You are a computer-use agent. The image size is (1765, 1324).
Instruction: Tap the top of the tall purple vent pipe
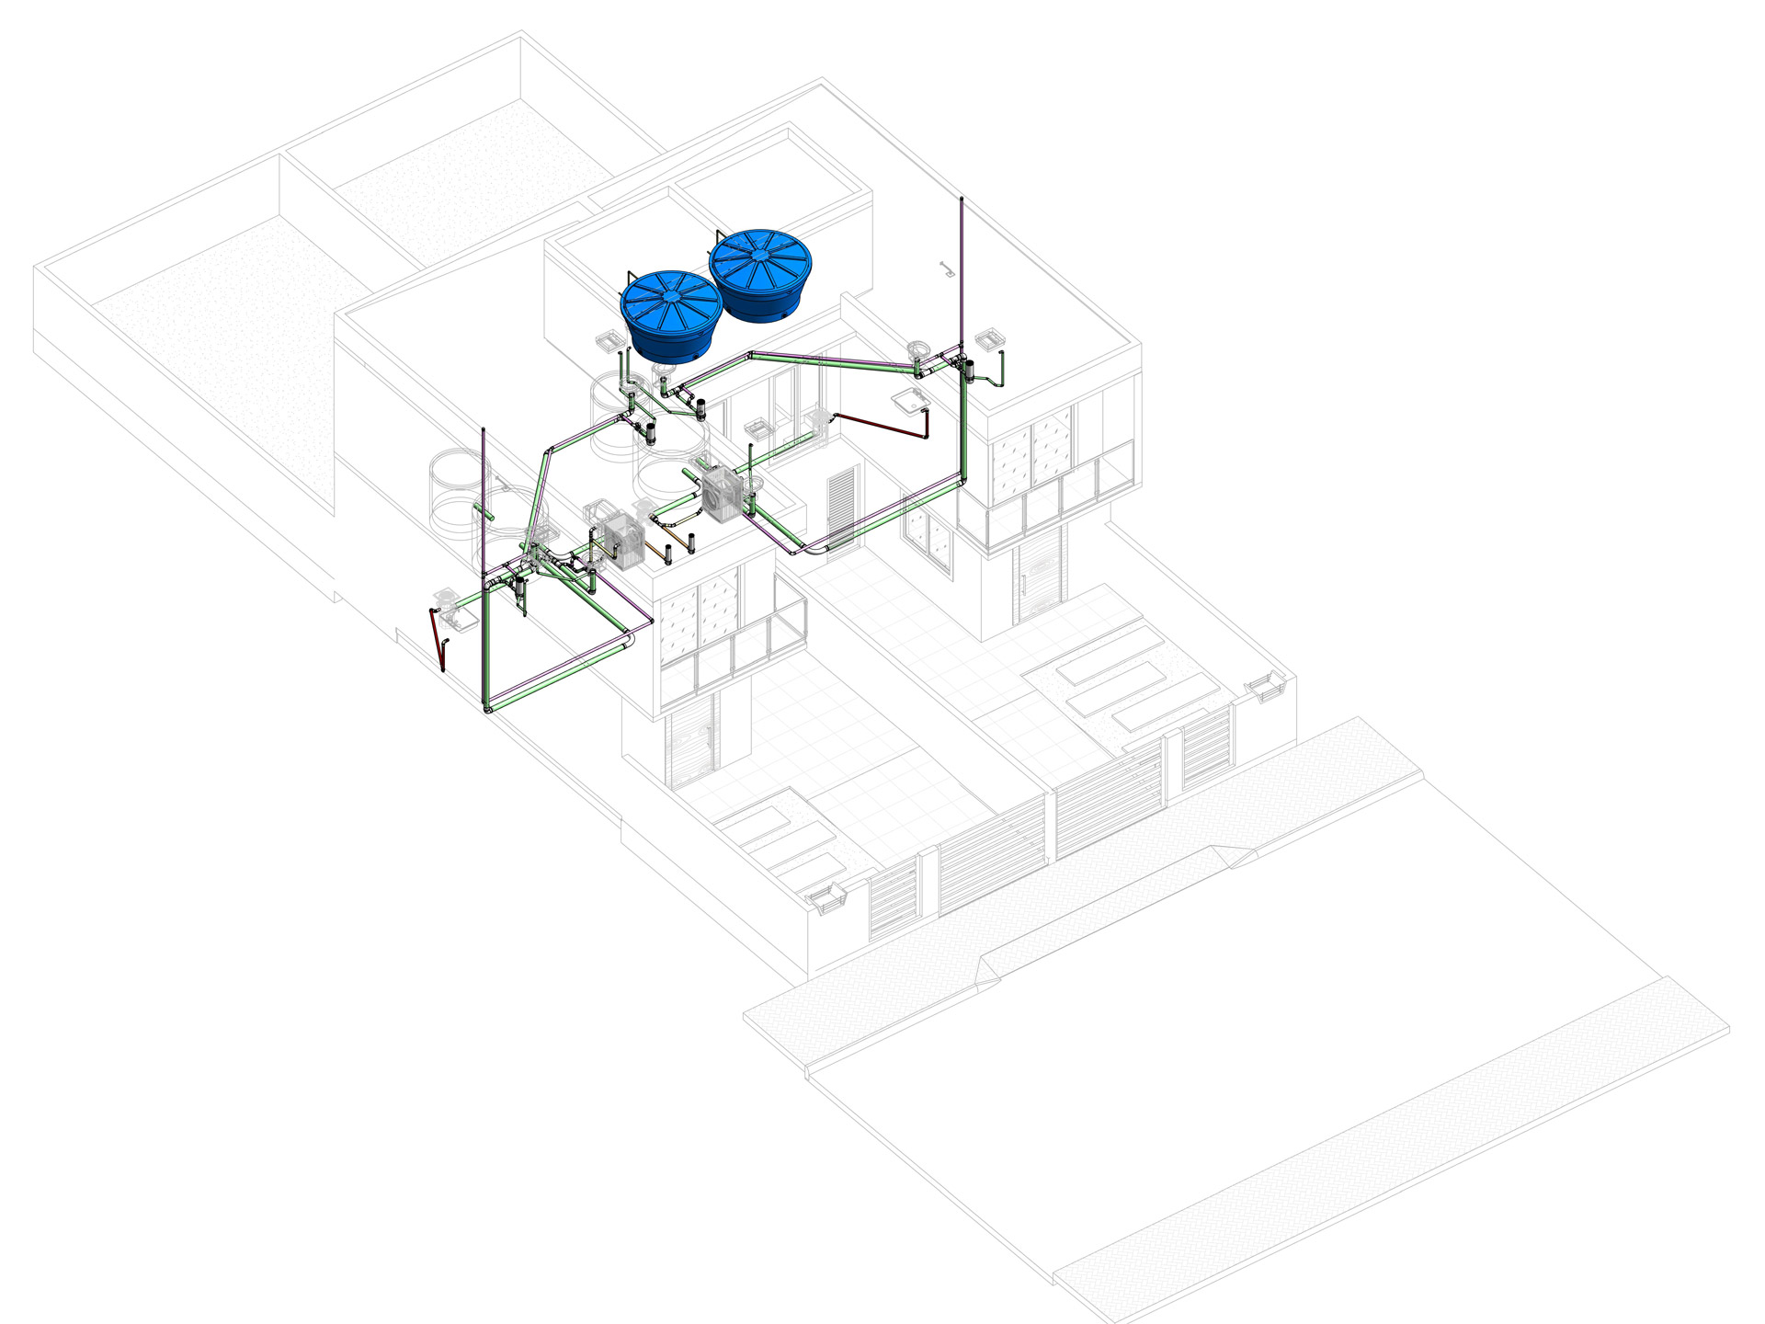pos(962,201)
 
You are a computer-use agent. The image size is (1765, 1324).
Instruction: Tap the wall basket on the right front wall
pos(1264,687)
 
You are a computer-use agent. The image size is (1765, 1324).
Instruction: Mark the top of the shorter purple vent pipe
pos(484,432)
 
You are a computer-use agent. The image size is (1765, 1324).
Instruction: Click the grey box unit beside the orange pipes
pos(616,542)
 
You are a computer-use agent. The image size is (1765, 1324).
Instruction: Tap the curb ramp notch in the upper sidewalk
pos(1232,856)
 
